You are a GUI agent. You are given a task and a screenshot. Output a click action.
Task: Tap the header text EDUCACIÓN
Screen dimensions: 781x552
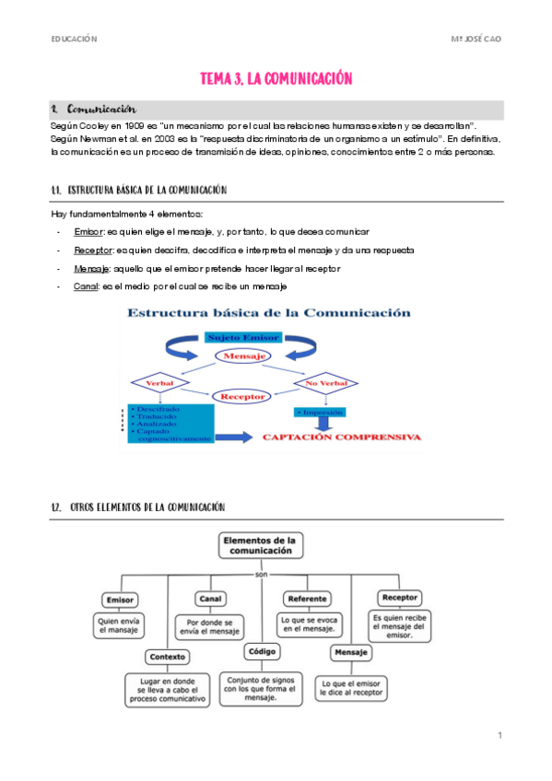(74, 40)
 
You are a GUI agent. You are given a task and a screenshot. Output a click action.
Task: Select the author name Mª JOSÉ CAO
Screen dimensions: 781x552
(476, 40)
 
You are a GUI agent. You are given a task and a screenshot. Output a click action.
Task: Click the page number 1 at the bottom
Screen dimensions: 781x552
(499, 735)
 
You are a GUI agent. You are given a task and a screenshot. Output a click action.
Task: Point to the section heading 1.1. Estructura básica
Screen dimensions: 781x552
(139, 191)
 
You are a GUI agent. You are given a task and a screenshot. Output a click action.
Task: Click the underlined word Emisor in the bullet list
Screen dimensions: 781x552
(89, 231)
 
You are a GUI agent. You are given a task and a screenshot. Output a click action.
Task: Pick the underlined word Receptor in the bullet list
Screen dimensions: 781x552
(95, 250)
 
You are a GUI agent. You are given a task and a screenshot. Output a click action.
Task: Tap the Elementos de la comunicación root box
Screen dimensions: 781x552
(261, 544)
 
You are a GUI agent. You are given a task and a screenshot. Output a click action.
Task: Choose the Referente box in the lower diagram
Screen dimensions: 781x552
(307, 599)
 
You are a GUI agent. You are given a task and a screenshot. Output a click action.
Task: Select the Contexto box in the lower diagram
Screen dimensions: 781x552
(167, 657)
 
